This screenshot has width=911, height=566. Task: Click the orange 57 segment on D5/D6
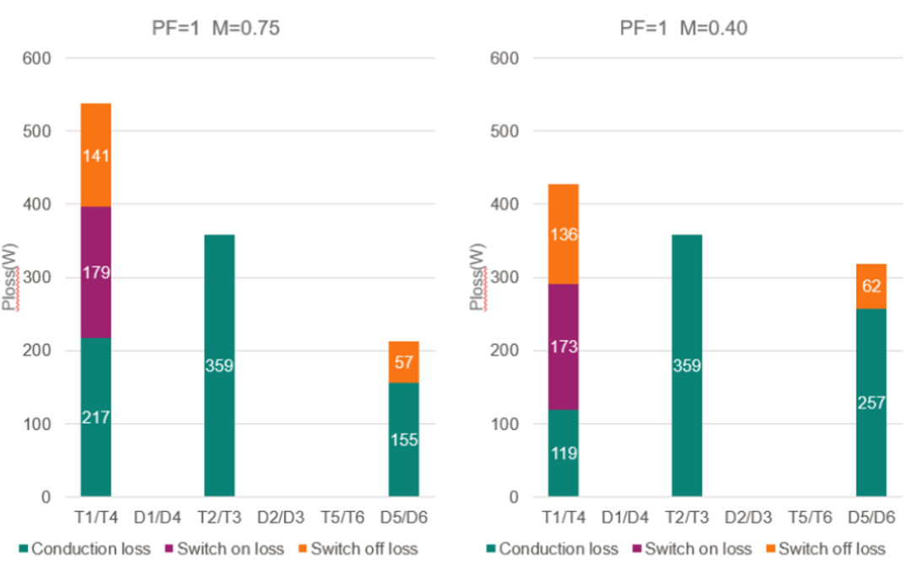(403, 363)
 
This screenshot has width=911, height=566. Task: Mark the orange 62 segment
(871, 287)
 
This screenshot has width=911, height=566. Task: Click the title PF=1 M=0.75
(210, 28)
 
